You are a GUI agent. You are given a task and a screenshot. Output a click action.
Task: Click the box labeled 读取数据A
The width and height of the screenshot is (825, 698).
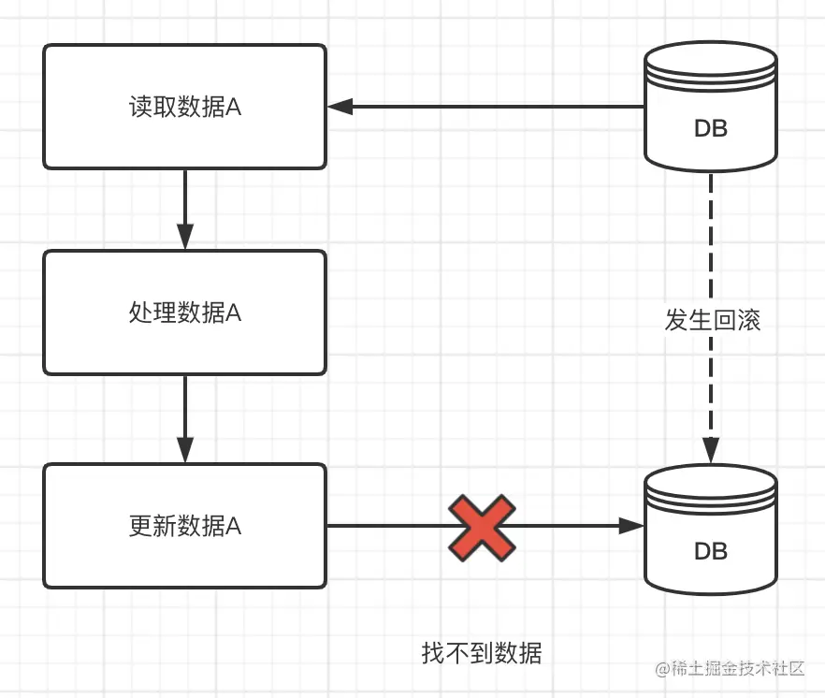[x=185, y=107]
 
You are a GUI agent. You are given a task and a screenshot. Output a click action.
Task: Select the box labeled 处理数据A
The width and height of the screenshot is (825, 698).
[x=185, y=313]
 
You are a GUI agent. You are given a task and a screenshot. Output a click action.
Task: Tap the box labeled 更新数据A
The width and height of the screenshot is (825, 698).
[x=185, y=526]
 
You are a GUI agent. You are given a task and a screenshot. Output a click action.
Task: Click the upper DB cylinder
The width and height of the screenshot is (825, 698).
[x=711, y=108]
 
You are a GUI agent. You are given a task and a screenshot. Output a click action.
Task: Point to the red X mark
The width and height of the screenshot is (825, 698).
[x=482, y=528]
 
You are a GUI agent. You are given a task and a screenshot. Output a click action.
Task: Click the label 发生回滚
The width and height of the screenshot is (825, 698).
[x=712, y=320]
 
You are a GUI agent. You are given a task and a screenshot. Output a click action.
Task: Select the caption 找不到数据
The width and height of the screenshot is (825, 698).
[x=482, y=652]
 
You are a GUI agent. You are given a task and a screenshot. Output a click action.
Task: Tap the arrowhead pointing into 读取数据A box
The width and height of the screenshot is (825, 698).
[x=340, y=107]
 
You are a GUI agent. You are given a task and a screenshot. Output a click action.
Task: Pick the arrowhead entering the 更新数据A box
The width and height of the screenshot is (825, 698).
[x=185, y=451]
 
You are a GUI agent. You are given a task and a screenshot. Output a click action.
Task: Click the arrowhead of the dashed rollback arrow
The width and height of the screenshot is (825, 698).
[x=711, y=450]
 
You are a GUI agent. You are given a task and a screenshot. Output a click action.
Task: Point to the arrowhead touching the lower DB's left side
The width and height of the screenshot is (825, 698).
[x=633, y=526]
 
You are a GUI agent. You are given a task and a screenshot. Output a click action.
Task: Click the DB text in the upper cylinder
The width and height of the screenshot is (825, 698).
[x=711, y=129]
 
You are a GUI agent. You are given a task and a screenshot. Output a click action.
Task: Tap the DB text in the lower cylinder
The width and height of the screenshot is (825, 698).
[x=711, y=551]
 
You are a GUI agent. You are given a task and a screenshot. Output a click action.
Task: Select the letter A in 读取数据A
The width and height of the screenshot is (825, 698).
[x=234, y=108]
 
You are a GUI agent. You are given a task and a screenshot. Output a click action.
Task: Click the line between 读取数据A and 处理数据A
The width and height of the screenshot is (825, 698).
[x=185, y=201]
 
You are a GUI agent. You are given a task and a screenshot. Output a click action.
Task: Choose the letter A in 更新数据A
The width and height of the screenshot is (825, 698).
[x=234, y=527]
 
